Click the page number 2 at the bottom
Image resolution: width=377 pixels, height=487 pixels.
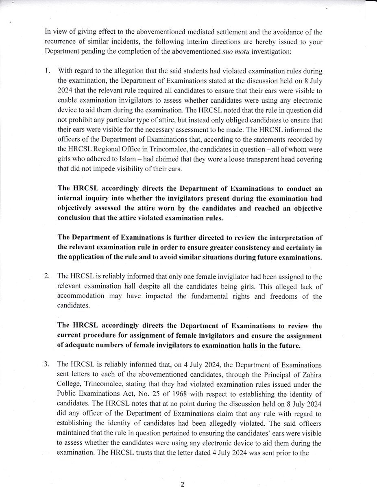coord(183,484)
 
